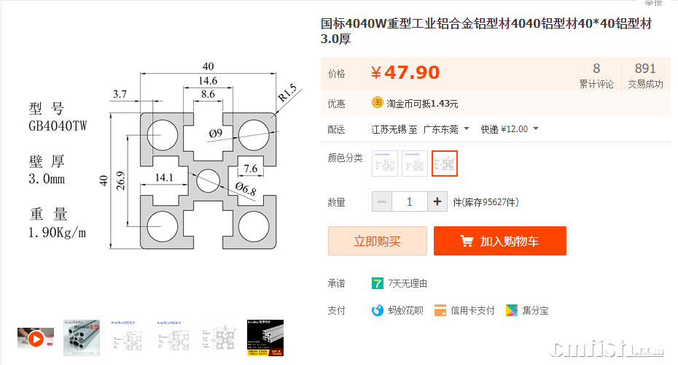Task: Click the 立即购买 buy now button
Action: (x=377, y=241)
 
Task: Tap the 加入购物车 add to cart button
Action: (x=499, y=241)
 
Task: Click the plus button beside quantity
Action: (x=437, y=201)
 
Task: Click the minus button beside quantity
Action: (x=382, y=201)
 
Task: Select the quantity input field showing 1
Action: (x=409, y=201)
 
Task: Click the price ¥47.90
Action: (x=405, y=73)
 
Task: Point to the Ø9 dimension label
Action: (x=215, y=133)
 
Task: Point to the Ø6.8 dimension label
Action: (x=245, y=191)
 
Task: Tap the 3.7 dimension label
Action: (x=120, y=93)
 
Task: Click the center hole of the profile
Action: (x=208, y=179)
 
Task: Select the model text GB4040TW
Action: (x=58, y=126)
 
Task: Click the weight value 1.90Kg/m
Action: (x=58, y=233)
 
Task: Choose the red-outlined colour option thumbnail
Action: (x=445, y=164)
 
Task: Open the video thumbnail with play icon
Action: (x=36, y=338)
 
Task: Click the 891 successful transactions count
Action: (x=645, y=69)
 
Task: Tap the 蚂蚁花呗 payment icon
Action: (x=377, y=310)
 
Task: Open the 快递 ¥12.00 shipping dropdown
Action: (x=510, y=129)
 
